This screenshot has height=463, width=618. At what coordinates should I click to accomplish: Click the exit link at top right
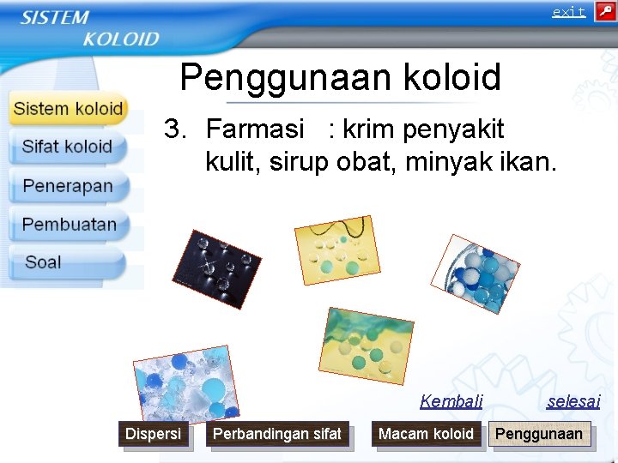pos(568,12)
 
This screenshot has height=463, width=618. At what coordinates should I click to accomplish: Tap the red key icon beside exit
pos(604,12)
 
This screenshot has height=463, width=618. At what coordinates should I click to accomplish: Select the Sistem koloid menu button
pos(69,109)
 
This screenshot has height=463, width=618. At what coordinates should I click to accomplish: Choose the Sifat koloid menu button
pos(67,147)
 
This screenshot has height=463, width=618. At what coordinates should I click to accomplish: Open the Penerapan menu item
pos(67,186)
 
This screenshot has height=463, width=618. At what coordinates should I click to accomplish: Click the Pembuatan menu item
pos(69,225)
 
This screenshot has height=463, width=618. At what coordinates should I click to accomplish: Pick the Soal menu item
pos(43,262)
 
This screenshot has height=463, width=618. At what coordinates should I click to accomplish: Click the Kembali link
pos(451,400)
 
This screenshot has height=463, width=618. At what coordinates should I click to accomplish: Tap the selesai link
pos(573,400)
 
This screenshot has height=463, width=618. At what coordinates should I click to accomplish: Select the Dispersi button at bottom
pos(153,435)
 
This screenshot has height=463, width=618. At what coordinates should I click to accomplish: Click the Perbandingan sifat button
pos(277,435)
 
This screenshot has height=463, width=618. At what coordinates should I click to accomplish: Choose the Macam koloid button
pos(426,435)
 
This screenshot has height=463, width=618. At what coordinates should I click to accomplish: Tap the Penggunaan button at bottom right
pos(538,435)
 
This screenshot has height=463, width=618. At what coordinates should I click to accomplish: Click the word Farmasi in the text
pos(255,129)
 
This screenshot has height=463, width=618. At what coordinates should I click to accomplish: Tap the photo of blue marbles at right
pos(475,274)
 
